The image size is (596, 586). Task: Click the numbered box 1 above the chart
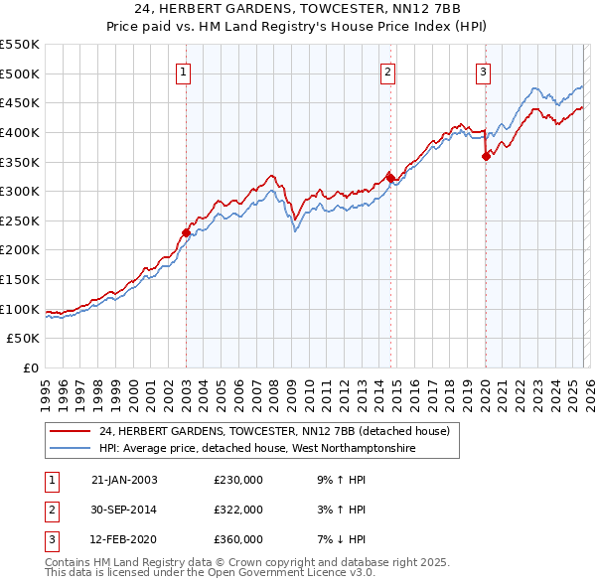(186, 71)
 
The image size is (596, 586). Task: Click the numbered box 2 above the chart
(386, 71)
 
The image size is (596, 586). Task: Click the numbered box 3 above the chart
(482, 71)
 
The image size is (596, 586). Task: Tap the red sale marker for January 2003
(186, 233)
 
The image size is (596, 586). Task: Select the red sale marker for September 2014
(390, 179)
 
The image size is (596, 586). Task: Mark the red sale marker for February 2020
(486, 156)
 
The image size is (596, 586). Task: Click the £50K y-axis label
(24, 339)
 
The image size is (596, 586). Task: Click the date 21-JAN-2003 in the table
(124, 480)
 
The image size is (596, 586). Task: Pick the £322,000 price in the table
(238, 510)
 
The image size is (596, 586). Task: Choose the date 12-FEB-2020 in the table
(124, 539)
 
